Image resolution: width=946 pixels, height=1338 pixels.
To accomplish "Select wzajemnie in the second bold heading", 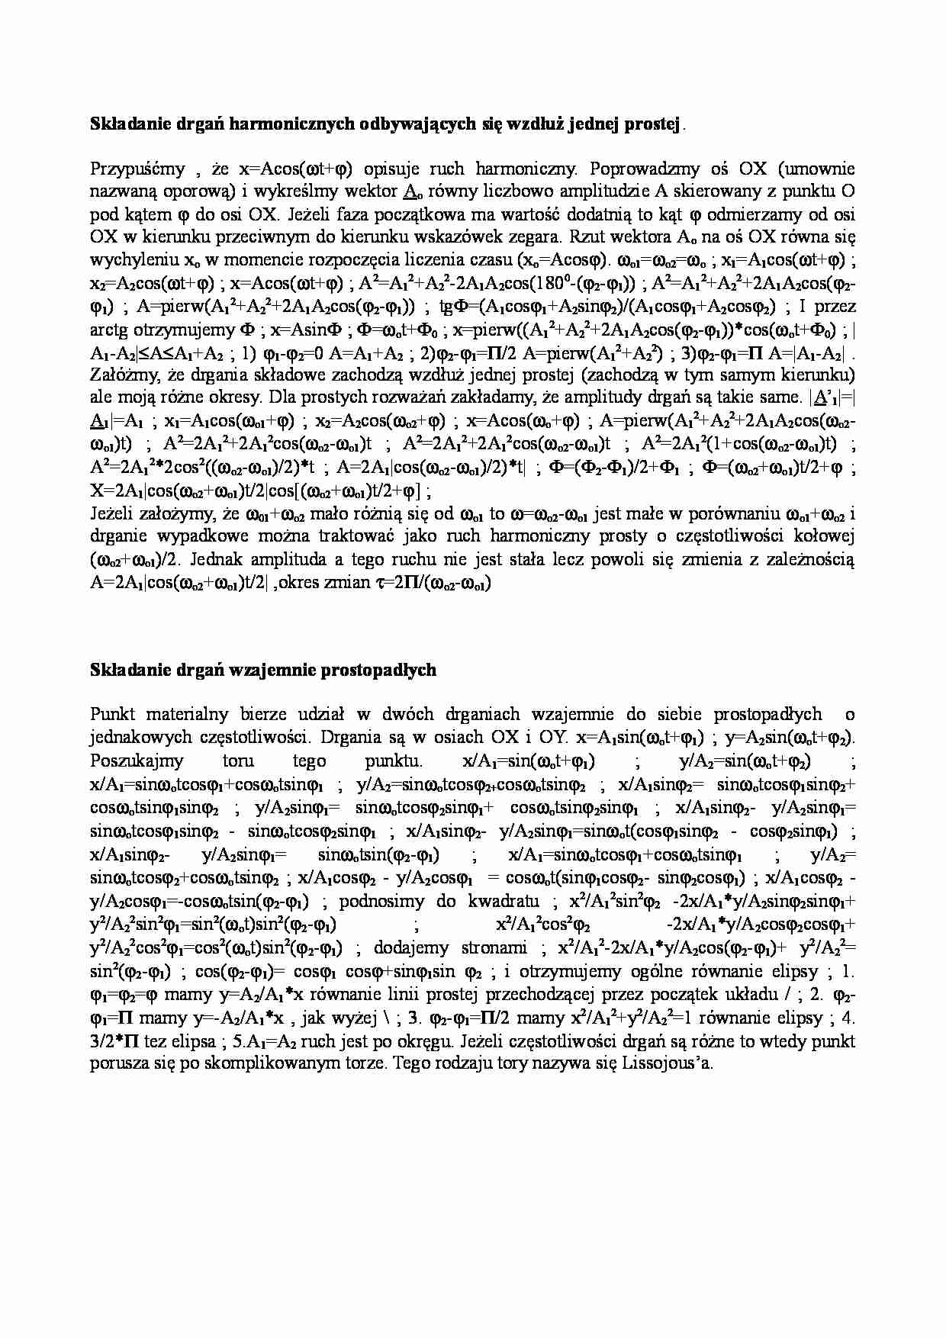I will pos(273,670).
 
